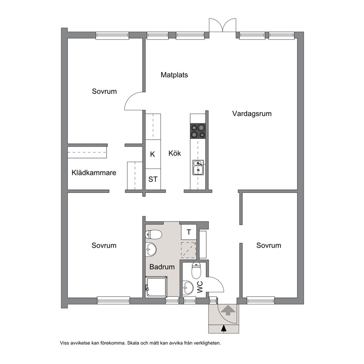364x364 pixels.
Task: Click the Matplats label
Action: (x=174, y=75)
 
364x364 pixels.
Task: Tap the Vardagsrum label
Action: (x=252, y=114)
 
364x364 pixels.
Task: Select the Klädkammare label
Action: (x=94, y=173)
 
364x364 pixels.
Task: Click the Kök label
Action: (x=175, y=153)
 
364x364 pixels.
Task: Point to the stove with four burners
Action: (x=198, y=131)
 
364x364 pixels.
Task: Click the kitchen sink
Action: (x=198, y=167)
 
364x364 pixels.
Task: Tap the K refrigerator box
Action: (x=153, y=154)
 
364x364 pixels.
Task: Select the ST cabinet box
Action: (x=153, y=179)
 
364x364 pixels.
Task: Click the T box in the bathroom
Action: (x=189, y=232)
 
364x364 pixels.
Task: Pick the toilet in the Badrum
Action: (x=153, y=234)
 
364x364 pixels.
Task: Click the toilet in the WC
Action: (x=196, y=271)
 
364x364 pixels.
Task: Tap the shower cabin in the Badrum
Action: (x=156, y=287)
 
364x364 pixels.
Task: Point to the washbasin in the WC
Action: (x=188, y=288)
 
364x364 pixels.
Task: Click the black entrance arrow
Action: (x=223, y=328)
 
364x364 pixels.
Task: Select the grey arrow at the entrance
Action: (x=228, y=310)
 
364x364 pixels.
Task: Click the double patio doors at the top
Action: (x=223, y=25)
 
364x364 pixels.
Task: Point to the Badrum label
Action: (x=162, y=267)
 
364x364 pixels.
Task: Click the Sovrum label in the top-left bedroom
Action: (x=104, y=91)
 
